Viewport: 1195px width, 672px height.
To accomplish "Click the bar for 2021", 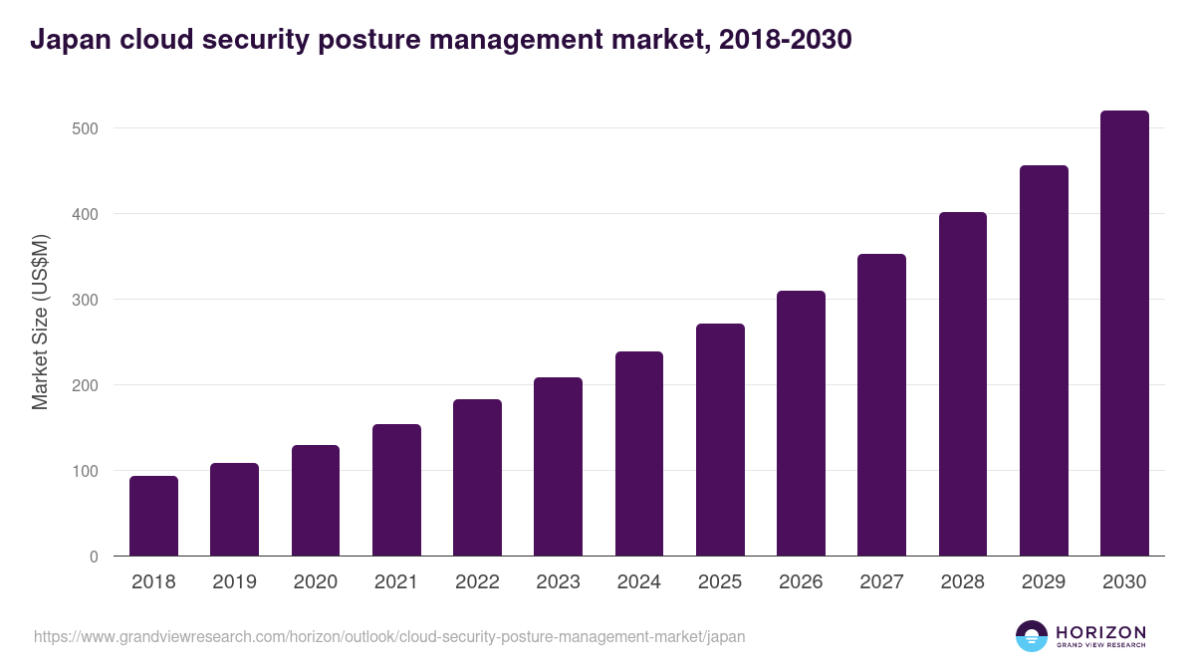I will pyautogui.click(x=396, y=490).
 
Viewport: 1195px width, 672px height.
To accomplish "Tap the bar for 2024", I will pyautogui.click(x=639, y=454).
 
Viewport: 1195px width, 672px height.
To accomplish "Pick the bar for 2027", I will pyautogui.click(x=882, y=405).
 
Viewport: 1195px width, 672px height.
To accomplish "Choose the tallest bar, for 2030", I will pyautogui.click(x=1124, y=334).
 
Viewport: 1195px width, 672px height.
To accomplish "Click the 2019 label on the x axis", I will pyautogui.click(x=234, y=582).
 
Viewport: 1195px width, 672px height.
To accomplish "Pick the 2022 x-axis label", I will pyautogui.click(x=477, y=582).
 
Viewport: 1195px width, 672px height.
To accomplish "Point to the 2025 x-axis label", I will pyautogui.click(x=720, y=582).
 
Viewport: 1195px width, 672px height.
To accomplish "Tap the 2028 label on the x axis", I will pyautogui.click(x=963, y=582).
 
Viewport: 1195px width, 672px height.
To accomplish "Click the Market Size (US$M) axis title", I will pyautogui.click(x=40, y=321).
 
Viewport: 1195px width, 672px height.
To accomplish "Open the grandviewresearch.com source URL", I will pyautogui.click(x=389, y=636).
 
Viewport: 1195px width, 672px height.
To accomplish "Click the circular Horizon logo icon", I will pyautogui.click(x=1032, y=636).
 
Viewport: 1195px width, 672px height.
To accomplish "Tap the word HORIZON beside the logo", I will pyautogui.click(x=1100, y=631).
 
